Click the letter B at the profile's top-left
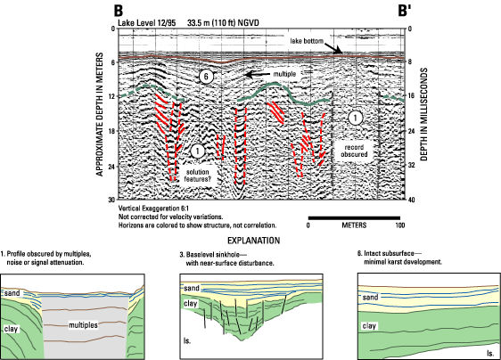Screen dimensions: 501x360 point(119,11)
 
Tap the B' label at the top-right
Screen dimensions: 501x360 point(404,11)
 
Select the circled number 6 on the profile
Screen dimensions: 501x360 point(206,77)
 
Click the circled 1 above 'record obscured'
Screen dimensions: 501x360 point(355,118)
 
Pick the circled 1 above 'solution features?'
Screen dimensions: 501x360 point(198,151)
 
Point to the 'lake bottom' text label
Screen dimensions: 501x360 point(307,41)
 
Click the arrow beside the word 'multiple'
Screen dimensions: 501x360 point(258,75)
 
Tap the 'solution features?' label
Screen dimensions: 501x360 point(198,176)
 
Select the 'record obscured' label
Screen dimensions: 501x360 point(354,151)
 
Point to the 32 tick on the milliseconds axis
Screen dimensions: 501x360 point(410,165)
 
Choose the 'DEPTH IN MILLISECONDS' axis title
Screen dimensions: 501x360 point(423,114)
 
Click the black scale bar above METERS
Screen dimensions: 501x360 point(354,218)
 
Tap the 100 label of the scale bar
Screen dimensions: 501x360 point(399,225)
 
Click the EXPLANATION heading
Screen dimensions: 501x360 point(254,241)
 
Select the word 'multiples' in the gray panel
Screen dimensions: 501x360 point(83,325)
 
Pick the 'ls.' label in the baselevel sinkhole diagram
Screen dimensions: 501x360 point(187,340)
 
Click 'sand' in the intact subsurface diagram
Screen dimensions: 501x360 point(370,298)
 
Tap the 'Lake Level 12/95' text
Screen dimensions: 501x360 point(148,23)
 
